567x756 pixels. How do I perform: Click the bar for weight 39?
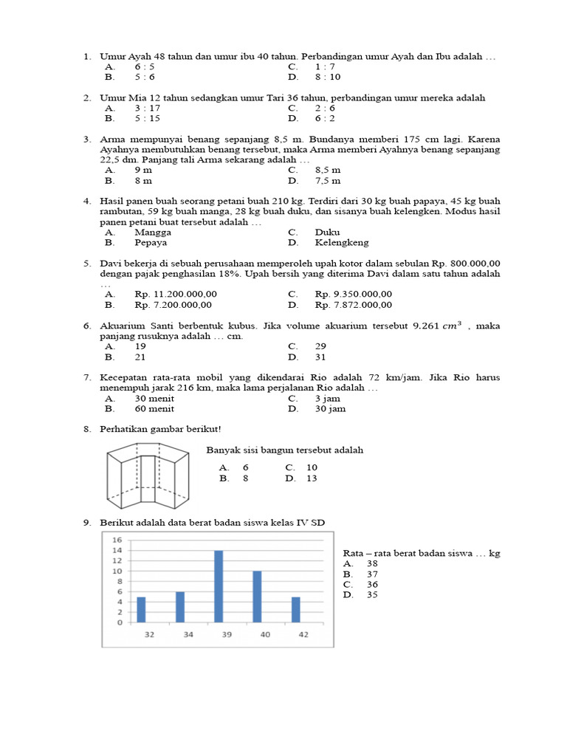click(219, 586)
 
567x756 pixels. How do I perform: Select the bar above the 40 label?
click(257, 597)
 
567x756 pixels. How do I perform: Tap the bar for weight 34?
click(180, 607)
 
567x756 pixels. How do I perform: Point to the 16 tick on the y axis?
click(117, 540)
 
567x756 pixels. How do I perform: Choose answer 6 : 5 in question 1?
click(144, 66)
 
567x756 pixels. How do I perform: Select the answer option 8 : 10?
click(328, 77)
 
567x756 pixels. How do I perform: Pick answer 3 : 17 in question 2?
click(147, 108)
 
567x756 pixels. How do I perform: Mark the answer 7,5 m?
click(328, 180)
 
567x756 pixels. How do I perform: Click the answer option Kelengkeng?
click(341, 242)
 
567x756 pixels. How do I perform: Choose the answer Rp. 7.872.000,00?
click(353, 304)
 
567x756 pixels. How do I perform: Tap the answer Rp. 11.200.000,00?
click(176, 294)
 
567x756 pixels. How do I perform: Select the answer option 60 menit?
click(155, 408)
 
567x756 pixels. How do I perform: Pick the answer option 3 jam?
click(327, 398)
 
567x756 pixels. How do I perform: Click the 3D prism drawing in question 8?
click(150, 476)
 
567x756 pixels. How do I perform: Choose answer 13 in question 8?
click(311, 478)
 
